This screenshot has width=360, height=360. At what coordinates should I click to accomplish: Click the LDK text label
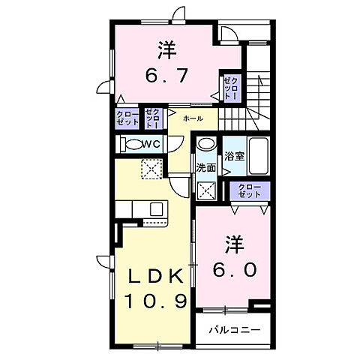153,277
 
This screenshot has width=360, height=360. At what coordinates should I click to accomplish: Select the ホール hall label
192,119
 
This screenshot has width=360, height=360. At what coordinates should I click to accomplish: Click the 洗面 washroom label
206,168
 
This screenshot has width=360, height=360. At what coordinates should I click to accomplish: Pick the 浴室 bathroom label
234,156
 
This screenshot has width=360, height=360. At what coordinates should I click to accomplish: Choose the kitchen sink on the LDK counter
157,208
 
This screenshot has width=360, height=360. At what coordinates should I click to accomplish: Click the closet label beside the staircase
230,88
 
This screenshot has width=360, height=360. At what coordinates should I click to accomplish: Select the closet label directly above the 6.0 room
249,190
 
